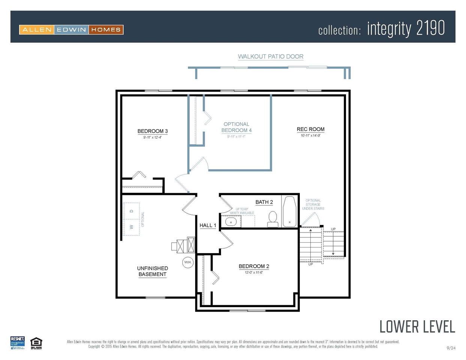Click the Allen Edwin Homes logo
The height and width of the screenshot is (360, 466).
pos(71,30)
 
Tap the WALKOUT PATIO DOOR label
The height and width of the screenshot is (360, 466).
pos(271,57)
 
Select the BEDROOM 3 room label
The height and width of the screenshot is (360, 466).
pos(152,131)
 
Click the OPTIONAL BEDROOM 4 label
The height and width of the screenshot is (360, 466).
pos(236,127)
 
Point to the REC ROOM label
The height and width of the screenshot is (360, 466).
pos(310,129)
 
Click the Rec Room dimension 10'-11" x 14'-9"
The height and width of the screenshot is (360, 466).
pos(310,136)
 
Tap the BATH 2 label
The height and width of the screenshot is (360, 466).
pos(264,202)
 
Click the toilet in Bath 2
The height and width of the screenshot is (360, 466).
pos(273,219)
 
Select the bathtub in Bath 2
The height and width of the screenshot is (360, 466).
pos(289,211)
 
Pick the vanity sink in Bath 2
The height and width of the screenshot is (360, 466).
pos(231,222)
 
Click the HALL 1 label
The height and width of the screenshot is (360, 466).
pos(207,225)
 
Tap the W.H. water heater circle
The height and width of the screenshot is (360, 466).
pos(188,262)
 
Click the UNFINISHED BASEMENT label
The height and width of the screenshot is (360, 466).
pos(152,271)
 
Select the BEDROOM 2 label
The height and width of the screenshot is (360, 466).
pos(254,266)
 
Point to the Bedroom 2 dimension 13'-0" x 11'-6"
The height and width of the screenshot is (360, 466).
pos(254,273)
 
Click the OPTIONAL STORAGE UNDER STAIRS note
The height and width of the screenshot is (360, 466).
pos(313,204)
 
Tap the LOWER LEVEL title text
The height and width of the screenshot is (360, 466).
pos(417,327)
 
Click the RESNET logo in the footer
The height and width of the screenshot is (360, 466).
pos(18,343)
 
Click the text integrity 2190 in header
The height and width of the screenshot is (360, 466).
pos(406,29)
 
